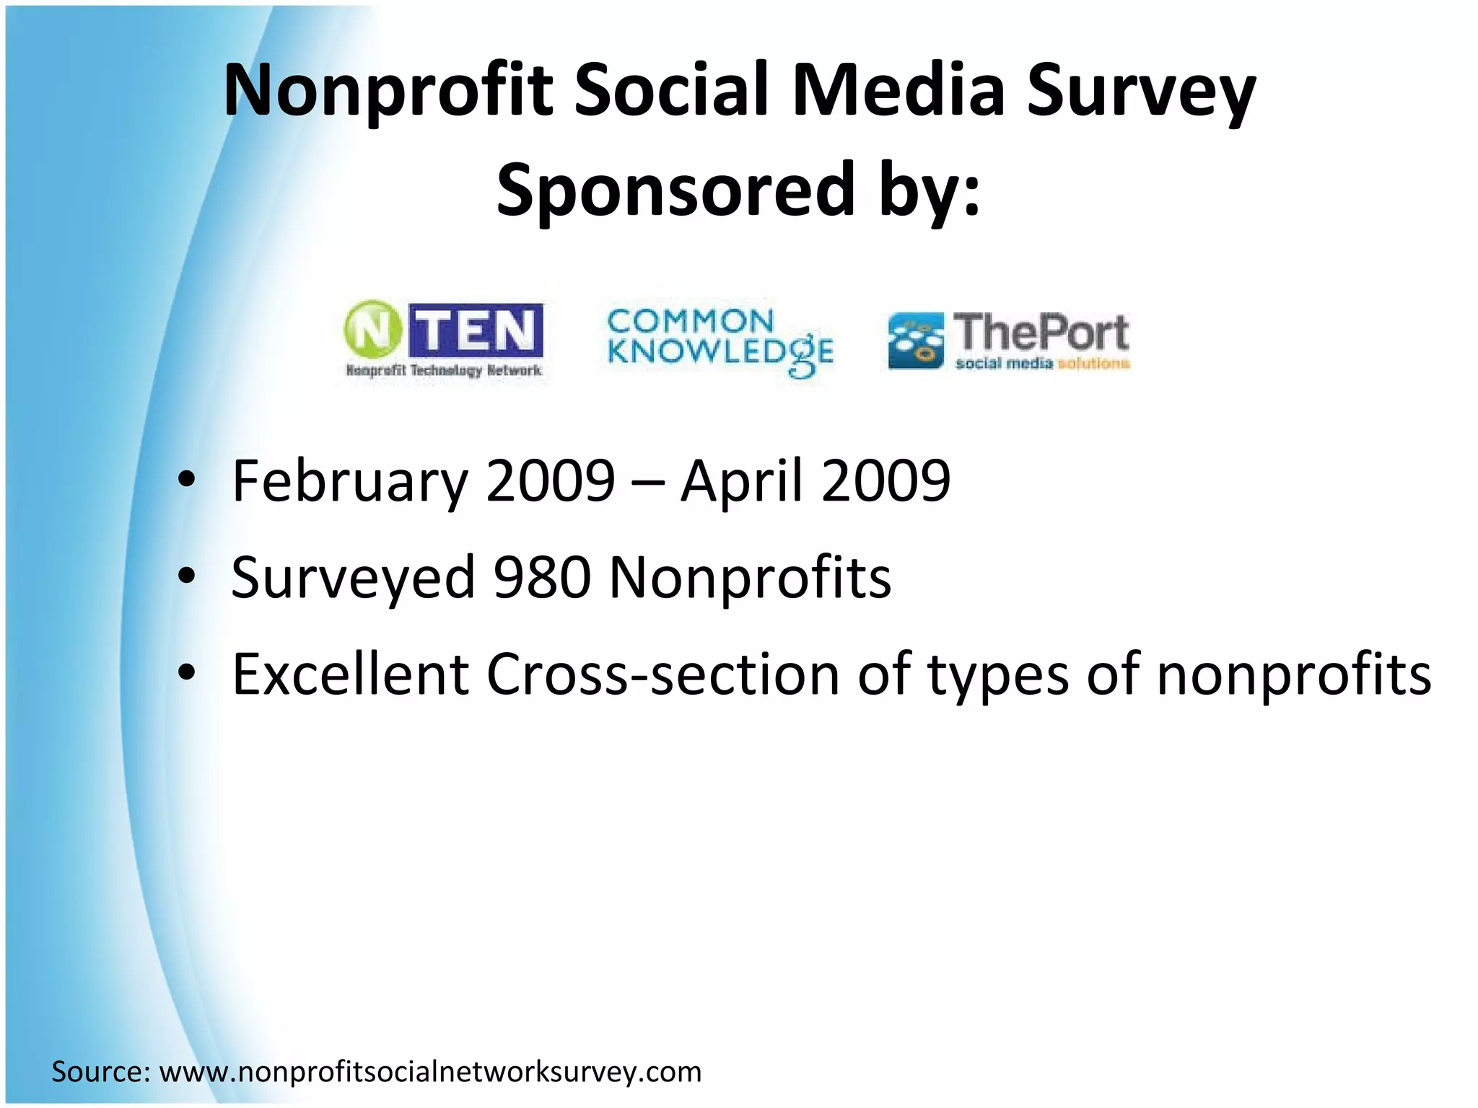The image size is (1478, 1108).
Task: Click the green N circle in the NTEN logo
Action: click(372, 330)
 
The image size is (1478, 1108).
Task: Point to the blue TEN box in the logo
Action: click(476, 330)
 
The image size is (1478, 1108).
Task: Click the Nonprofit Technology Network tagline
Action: click(444, 371)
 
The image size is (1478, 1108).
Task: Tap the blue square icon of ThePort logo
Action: click(915, 340)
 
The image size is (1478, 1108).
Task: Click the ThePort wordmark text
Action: click(1041, 332)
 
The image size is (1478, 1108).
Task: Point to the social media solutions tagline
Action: click(1042, 364)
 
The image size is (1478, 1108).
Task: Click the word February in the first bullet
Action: click(350, 481)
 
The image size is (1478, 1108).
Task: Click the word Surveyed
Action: click(352, 578)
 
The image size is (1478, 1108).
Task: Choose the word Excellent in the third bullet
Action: click(350, 674)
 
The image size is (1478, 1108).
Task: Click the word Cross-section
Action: click(663, 674)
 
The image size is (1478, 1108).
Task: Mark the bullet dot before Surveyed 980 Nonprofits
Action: click(186, 577)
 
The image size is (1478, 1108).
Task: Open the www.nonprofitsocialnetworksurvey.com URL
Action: click(430, 1072)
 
